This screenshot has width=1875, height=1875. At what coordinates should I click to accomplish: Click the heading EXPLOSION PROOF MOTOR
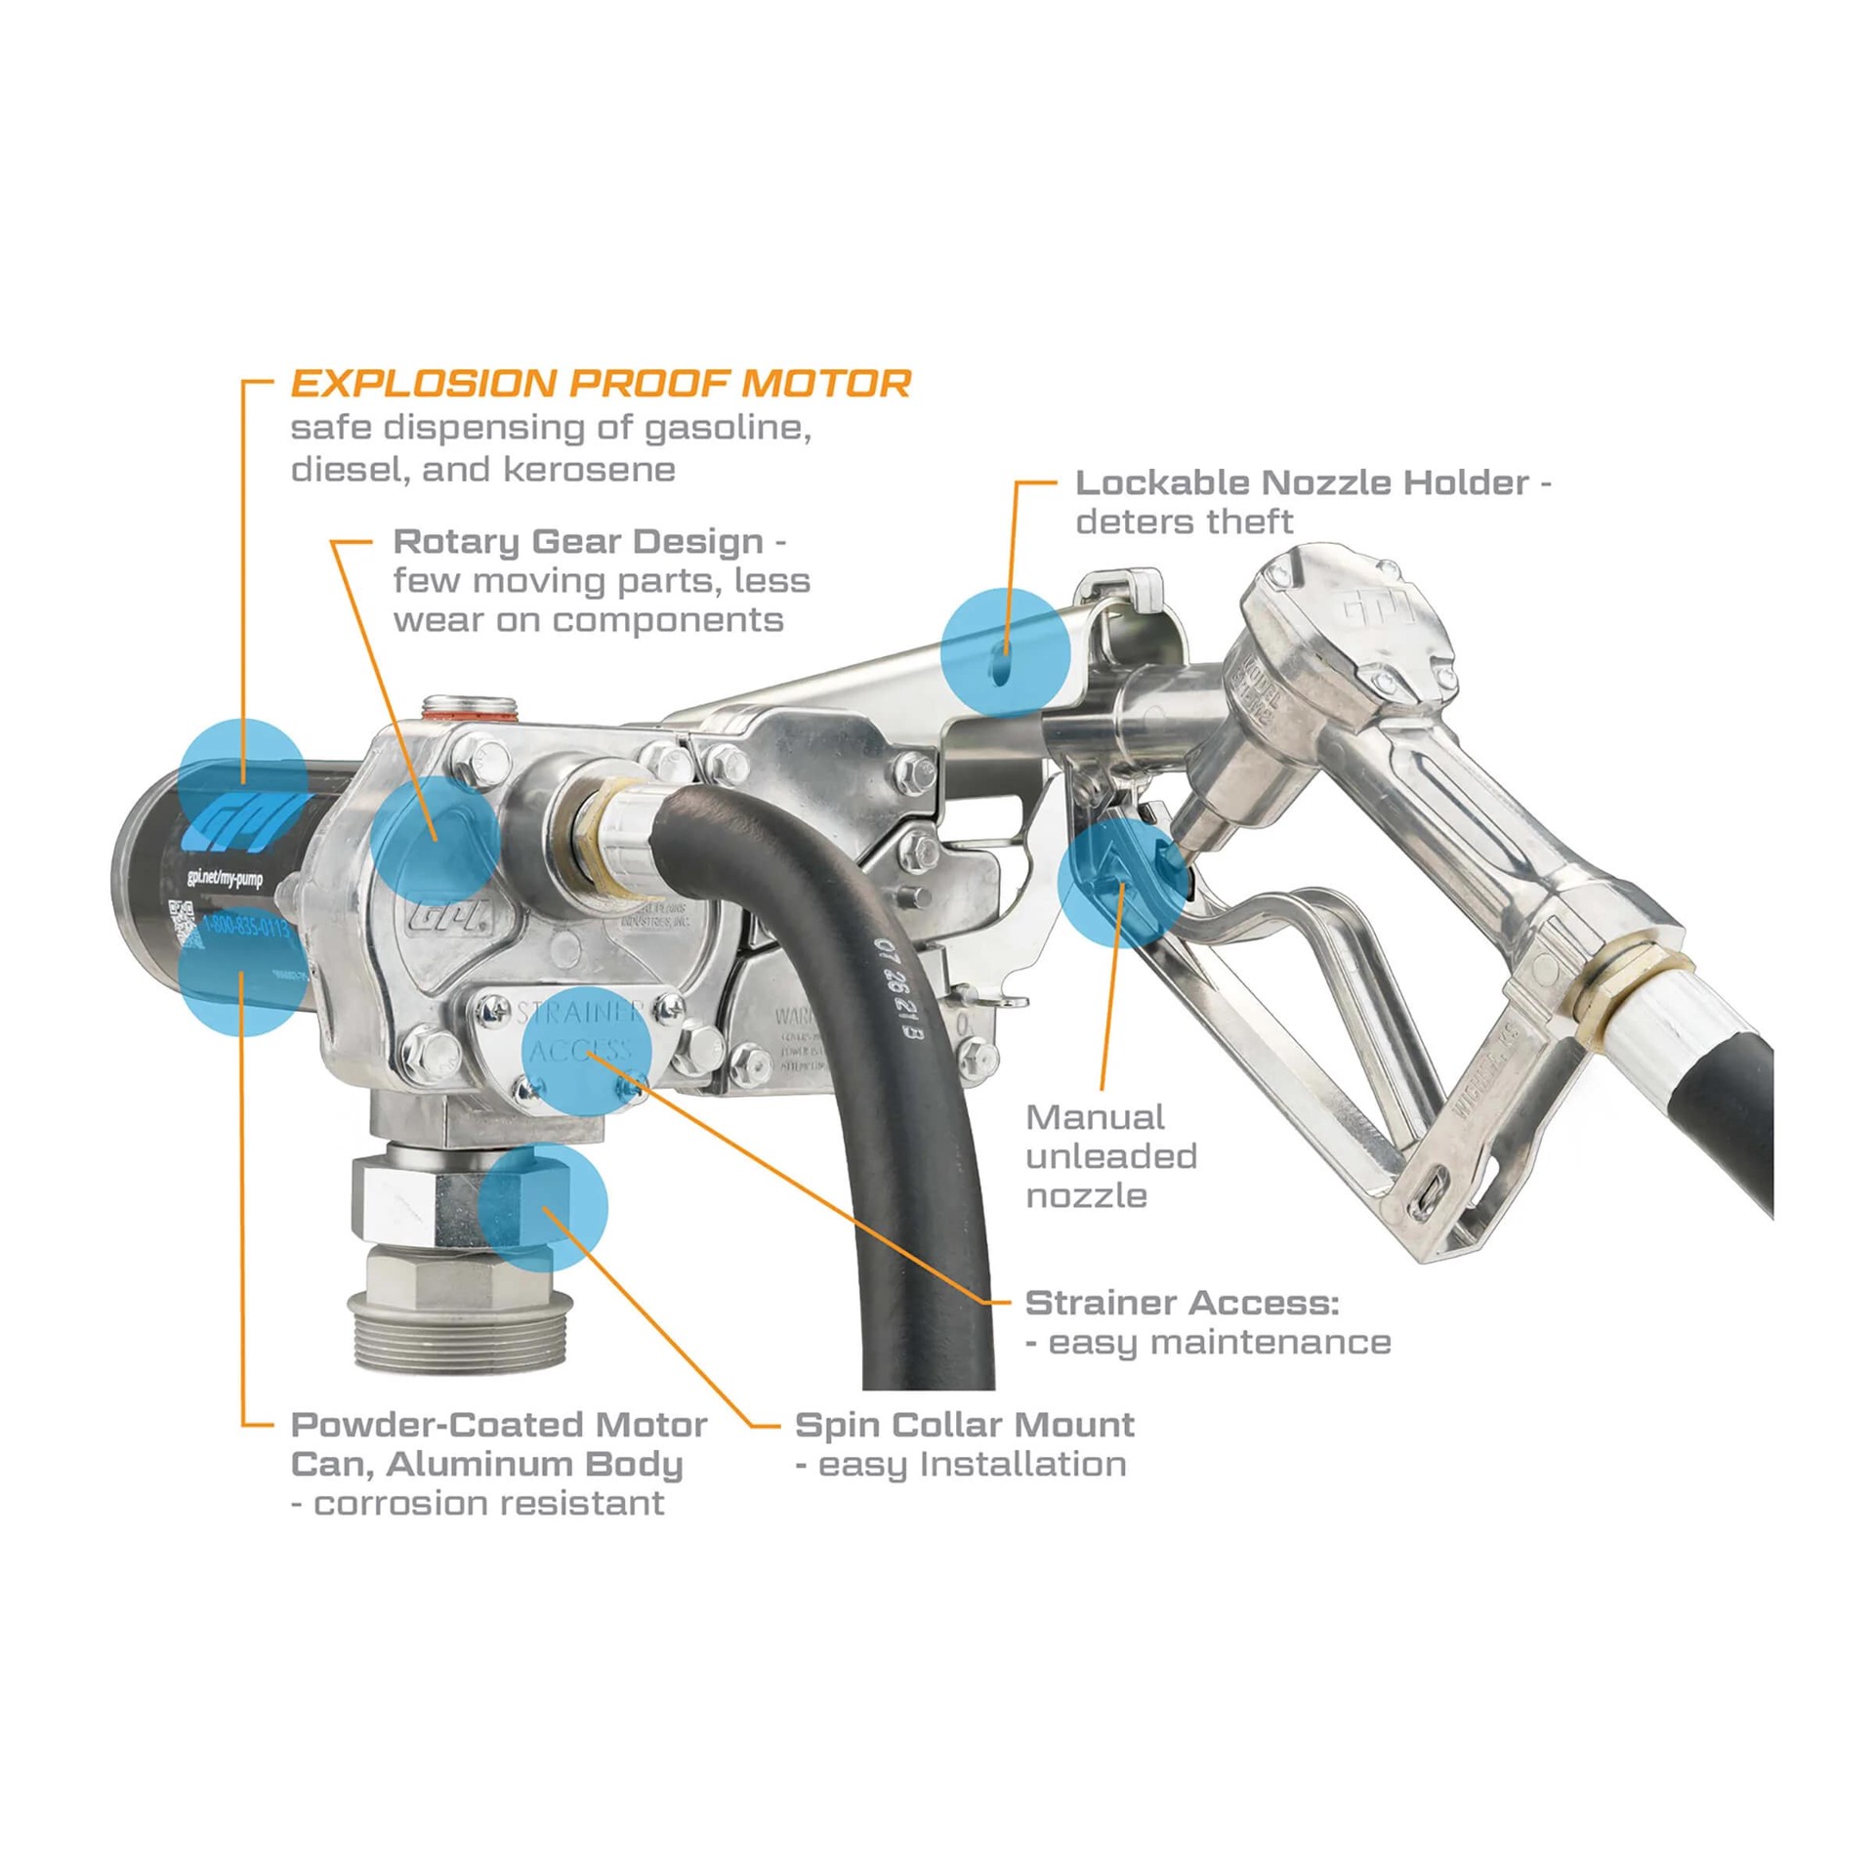[601, 384]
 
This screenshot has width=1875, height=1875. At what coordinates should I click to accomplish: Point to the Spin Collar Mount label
[964, 1425]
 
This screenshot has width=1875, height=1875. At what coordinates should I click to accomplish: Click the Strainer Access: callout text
[1182, 1303]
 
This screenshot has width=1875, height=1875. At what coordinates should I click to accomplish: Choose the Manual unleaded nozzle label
[1109, 1156]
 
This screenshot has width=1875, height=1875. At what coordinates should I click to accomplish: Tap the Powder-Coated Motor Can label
[498, 1425]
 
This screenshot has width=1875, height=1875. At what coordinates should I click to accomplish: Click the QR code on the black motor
[183, 921]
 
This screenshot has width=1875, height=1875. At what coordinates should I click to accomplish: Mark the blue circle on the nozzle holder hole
[1005, 651]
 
